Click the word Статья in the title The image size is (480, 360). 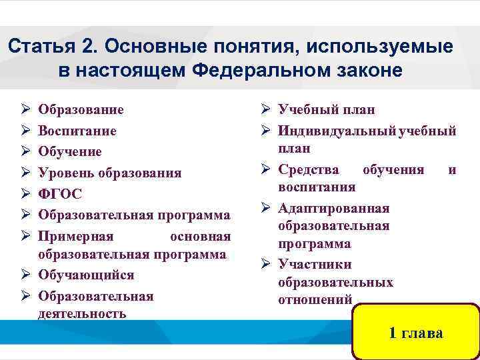click(38, 47)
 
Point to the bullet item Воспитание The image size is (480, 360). click(77, 131)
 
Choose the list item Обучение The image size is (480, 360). click(70, 151)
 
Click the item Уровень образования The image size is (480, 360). click(109, 173)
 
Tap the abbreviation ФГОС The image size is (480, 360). click(60, 194)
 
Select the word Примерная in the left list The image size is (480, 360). click(76, 237)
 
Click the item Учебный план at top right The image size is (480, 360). click(326, 109)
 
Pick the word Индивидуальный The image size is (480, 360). click(337, 131)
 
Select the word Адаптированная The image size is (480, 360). click(333, 208)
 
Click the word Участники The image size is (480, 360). click(312, 265)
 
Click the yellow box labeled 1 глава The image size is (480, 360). click(416, 331)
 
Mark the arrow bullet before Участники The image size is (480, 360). click(264, 265)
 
